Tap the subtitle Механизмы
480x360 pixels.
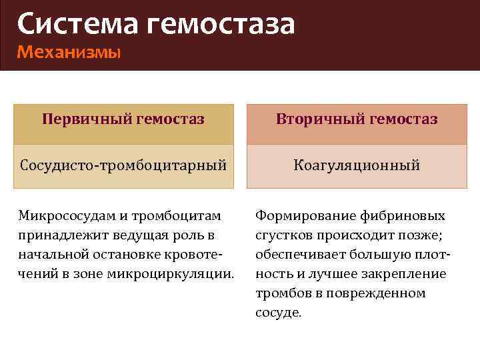coord(69,51)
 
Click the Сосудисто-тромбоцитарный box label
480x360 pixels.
coord(123,165)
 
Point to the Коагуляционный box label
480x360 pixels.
coord(357,165)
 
